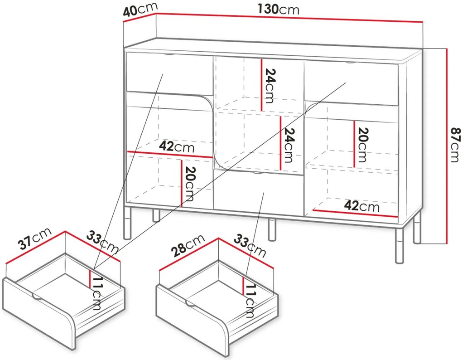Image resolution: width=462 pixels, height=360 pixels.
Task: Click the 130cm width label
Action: tap(279, 10)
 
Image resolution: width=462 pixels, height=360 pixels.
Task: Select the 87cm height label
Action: tap(454, 145)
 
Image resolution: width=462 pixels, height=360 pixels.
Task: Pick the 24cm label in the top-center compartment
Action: tap(269, 86)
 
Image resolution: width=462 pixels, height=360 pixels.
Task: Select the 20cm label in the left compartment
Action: tap(189, 184)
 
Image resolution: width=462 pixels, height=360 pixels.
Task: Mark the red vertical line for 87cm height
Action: tap(447, 146)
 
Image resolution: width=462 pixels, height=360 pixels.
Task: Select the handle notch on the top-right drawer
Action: tap(350, 63)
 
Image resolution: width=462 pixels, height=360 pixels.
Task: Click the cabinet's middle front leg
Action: tap(272, 229)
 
